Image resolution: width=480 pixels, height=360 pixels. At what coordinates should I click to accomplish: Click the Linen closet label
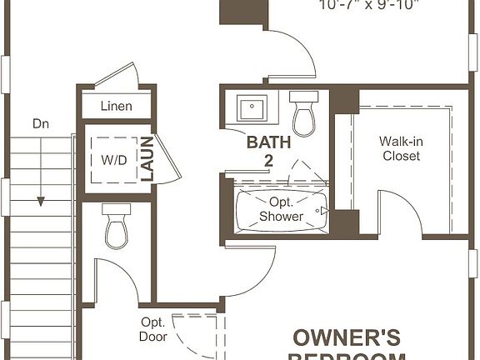[117, 106]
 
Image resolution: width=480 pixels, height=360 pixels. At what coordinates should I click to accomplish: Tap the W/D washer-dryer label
[114, 159]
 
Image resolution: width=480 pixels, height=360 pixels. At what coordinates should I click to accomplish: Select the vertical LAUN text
[147, 158]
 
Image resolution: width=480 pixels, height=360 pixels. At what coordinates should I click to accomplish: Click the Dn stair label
[41, 123]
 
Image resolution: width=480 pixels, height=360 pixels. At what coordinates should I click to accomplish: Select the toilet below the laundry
[117, 227]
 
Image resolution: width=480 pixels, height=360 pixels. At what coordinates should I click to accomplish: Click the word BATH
[268, 142]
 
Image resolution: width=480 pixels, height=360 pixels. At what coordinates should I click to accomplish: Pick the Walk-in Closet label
[400, 148]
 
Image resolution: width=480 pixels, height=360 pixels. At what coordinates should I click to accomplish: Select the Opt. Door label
[153, 329]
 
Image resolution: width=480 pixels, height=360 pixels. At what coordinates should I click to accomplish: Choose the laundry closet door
[167, 158]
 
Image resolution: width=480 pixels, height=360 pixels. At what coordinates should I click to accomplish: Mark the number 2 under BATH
[268, 160]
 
